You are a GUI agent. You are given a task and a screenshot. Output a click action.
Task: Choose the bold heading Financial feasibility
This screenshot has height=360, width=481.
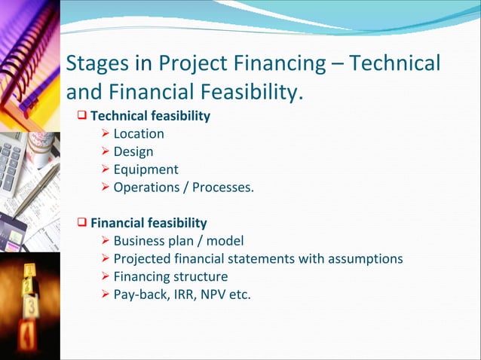[x=149, y=223]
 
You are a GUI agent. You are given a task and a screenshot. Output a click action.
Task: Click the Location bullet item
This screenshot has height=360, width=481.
[x=139, y=134]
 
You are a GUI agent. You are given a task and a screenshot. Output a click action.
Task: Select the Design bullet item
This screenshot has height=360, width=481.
[x=133, y=152]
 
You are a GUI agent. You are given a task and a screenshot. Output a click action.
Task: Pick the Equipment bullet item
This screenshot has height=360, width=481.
[x=146, y=169]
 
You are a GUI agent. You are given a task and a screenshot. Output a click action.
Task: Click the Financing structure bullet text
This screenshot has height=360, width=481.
[x=170, y=276]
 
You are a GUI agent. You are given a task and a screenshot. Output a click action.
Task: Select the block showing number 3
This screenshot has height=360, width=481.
[x=31, y=306]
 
